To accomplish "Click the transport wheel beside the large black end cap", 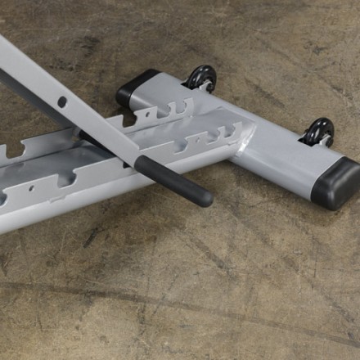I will click(x=320, y=131).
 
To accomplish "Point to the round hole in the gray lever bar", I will click(x=62, y=102).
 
